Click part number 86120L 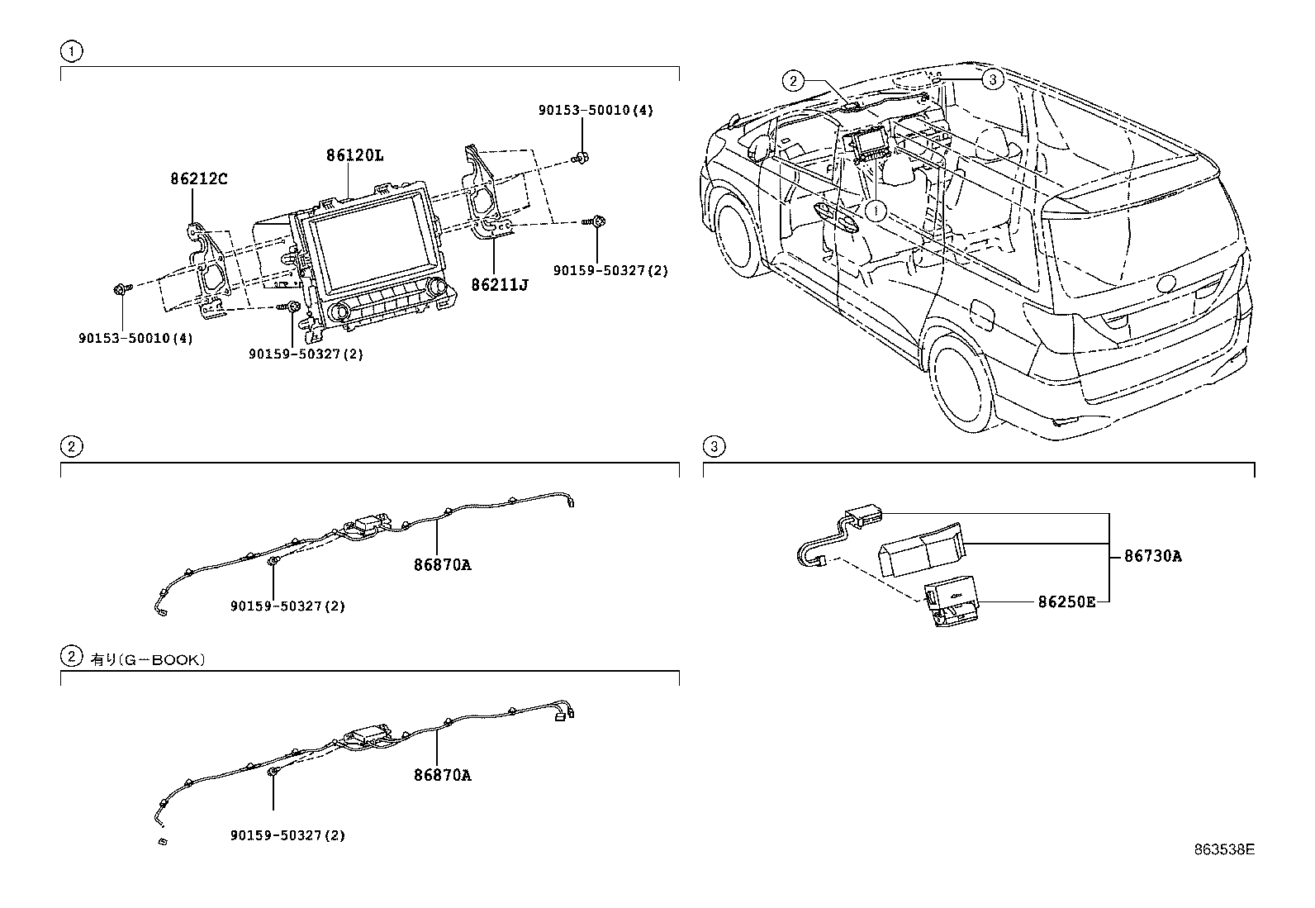355,155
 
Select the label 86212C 199,178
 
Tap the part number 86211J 499,284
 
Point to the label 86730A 1152,556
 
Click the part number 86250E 1066,601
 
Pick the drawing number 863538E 1223,849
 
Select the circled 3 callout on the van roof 992,79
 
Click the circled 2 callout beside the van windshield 793,80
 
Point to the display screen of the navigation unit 376,248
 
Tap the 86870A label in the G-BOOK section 442,775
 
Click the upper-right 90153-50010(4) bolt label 596,110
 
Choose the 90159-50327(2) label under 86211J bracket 610,270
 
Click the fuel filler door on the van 985,315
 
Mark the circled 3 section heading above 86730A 714,447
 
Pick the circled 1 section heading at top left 72,52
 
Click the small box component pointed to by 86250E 952,603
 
